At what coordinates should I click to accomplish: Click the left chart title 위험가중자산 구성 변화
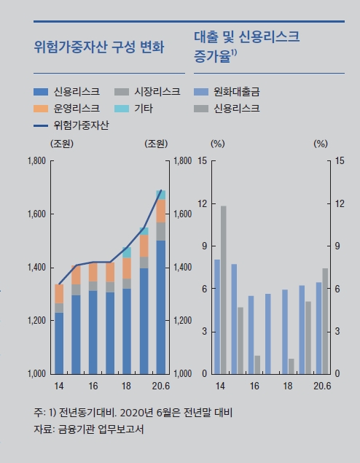pyautogui.click(x=99, y=48)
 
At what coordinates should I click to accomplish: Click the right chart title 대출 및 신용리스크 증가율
pyautogui.click(x=248, y=45)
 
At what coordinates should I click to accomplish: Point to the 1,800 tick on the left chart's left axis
pyautogui.click(x=36, y=160)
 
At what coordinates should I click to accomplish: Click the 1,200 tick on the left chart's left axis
pyautogui.click(x=36, y=321)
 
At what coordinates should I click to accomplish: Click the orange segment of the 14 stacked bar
pyautogui.click(x=59, y=294)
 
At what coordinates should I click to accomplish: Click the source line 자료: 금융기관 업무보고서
pyautogui.click(x=88, y=429)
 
